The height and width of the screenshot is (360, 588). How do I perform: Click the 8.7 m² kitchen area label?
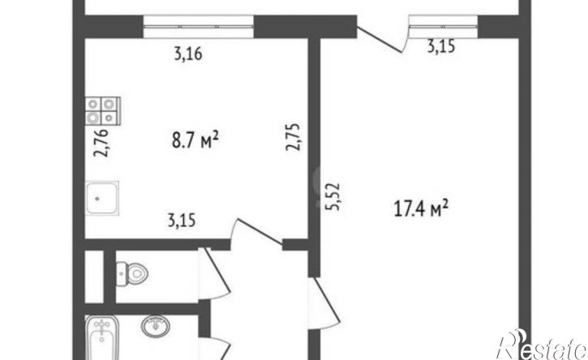195,140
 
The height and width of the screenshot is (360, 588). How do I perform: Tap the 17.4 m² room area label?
421,208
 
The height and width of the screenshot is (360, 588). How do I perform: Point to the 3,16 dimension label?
188,54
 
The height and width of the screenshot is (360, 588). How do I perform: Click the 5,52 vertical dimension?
333,196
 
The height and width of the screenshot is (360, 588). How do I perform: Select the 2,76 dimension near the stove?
101,143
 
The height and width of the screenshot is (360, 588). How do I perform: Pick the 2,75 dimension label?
293,137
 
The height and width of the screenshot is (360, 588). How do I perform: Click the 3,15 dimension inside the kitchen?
182,221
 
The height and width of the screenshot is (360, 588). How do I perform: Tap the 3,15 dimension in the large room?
441,46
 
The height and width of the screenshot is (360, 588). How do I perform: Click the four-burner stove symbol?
103,110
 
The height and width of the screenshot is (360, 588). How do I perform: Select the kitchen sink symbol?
102,198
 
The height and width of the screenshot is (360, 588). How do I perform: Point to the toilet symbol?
132,274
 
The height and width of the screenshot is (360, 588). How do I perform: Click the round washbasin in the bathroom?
155,325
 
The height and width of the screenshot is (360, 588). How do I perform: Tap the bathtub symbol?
102,337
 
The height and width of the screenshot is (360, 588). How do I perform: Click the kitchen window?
199,27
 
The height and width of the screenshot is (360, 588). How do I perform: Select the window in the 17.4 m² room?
444,27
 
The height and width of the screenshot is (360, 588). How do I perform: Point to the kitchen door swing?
256,233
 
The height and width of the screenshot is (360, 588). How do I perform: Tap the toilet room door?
214,273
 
